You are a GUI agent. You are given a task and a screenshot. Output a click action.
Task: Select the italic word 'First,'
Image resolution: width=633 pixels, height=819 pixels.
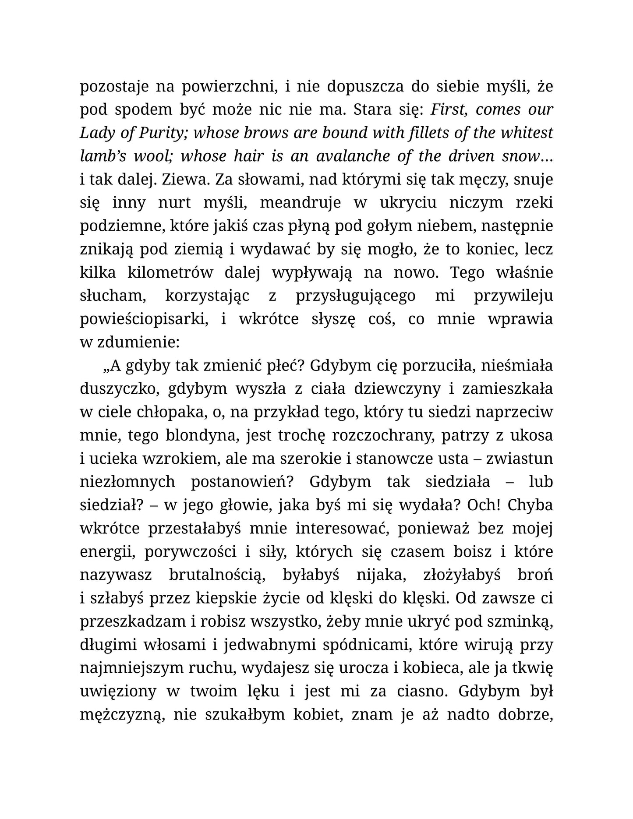point(447,110)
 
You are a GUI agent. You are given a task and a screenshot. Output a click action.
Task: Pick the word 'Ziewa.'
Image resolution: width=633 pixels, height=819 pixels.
point(186,180)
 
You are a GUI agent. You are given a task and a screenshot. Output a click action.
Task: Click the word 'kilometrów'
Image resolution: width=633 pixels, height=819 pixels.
point(170,272)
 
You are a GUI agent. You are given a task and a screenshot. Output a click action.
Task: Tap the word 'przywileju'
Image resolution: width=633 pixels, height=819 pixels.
point(513,296)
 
